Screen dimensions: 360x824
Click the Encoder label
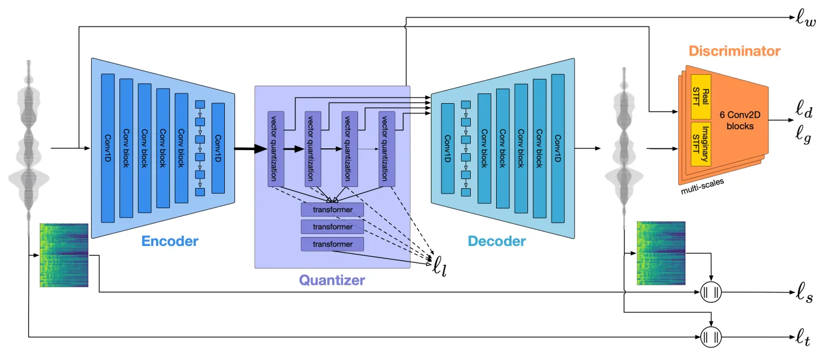[x=169, y=241]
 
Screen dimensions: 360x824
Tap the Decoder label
[x=497, y=242]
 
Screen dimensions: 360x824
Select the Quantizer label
[x=332, y=280]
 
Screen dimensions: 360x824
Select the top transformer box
[x=333, y=209]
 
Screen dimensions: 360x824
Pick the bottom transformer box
[x=333, y=244]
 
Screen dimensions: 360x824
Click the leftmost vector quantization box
[x=275, y=148]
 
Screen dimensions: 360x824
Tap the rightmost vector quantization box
[x=386, y=148]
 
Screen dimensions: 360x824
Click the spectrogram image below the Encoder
[x=64, y=254]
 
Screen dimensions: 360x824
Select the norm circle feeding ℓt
[x=712, y=335]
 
